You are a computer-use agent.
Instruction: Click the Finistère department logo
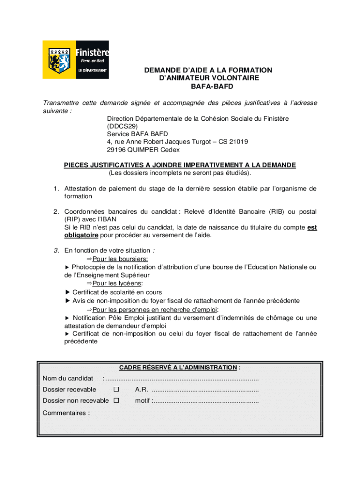click(x=76, y=59)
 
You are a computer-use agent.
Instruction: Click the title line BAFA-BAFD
click(x=208, y=87)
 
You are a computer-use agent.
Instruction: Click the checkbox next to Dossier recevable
click(x=116, y=390)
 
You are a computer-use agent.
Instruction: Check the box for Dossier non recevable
click(x=116, y=400)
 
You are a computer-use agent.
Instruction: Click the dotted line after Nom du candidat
click(x=182, y=378)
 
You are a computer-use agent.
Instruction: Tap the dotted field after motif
click(x=206, y=400)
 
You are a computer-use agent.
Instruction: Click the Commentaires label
click(x=66, y=413)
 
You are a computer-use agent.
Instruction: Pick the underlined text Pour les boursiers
click(x=120, y=259)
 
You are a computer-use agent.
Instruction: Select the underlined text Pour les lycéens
click(x=117, y=283)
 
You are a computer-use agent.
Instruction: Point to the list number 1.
click(x=55, y=189)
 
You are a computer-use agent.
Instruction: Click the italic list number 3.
click(x=55, y=250)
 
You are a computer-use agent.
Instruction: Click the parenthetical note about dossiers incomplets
click(x=180, y=173)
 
